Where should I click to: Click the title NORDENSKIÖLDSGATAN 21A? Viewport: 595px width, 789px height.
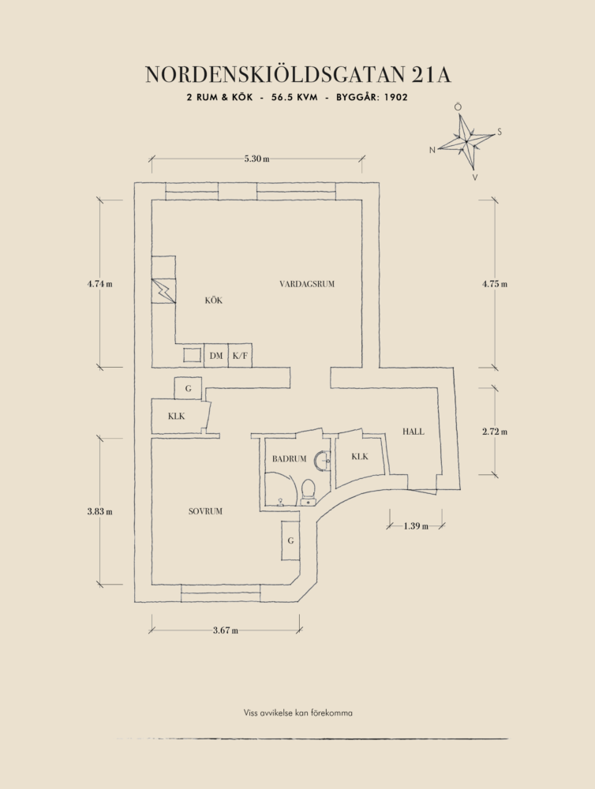pyautogui.click(x=297, y=75)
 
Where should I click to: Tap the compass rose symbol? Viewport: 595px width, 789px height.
pyautogui.click(x=468, y=142)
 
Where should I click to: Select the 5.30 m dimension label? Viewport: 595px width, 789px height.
pyautogui.click(x=256, y=159)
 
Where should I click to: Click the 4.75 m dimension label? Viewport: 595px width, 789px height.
pyautogui.click(x=495, y=284)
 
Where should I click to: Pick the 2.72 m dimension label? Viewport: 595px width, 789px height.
pyautogui.click(x=495, y=432)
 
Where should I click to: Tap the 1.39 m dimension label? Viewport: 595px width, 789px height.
pyautogui.click(x=415, y=525)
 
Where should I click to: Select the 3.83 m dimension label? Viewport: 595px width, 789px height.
pyautogui.click(x=99, y=511)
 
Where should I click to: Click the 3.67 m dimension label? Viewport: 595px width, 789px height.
pyautogui.click(x=225, y=630)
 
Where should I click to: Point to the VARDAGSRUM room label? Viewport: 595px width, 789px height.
pyautogui.click(x=307, y=284)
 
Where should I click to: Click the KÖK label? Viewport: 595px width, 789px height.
pyautogui.click(x=213, y=300)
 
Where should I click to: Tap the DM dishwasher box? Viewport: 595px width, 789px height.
pyautogui.click(x=216, y=356)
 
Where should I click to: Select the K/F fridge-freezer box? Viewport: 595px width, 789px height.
pyautogui.click(x=240, y=356)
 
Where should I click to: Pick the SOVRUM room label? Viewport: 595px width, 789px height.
pyautogui.click(x=205, y=511)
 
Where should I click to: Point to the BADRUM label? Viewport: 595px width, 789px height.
pyautogui.click(x=289, y=458)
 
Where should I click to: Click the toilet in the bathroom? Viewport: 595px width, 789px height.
pyautogui.click(x=308, y=490)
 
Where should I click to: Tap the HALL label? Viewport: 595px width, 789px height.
pyautogui.click(x=413, y=432)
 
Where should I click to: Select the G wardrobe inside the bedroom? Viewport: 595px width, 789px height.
pyautogui.click(x=290, y=541)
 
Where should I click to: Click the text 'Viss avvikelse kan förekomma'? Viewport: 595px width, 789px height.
pyautogui.click(x=297, y=712)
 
